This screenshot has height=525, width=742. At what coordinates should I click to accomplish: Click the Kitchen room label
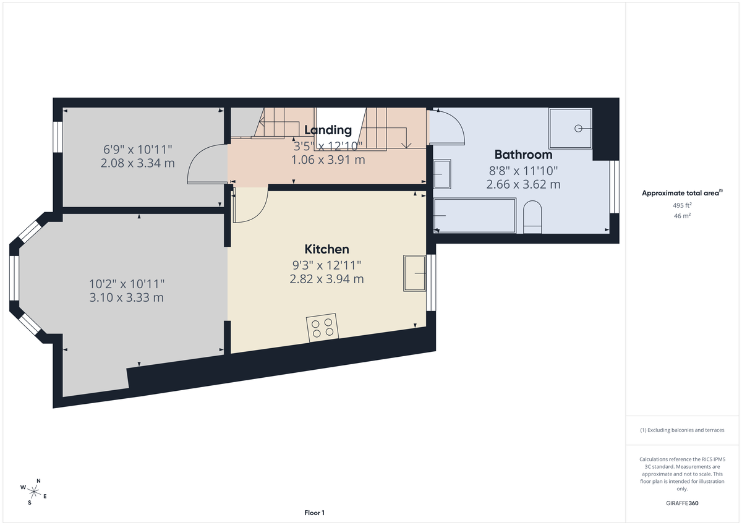tap(326, 249)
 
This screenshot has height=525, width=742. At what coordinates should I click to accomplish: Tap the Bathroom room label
tap(523, 155)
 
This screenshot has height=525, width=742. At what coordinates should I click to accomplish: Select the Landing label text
tap(328, 130)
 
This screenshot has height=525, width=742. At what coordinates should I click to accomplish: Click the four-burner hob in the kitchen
tap(323, 327)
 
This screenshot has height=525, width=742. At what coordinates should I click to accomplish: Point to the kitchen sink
tap(414, 273)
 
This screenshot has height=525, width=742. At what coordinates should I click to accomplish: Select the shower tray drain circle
tap(579, 128)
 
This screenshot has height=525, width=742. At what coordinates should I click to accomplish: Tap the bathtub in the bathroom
tap(474, 215)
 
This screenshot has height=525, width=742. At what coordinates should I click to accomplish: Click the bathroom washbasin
tap(442, 174)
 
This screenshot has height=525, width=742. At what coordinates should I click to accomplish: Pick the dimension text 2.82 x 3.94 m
tap(326, 279)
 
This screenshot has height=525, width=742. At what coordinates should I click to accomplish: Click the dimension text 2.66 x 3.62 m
tap(523, 184)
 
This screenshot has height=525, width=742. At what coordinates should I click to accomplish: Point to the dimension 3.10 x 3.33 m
tap(127, 297)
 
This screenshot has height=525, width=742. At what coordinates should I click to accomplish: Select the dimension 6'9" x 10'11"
tap(137, 149)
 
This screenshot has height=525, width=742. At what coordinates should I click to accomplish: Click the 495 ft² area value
tap(682, 205)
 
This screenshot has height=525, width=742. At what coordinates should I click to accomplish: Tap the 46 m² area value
tap(682, 216)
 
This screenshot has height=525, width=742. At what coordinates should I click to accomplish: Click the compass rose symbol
tap(34, 492)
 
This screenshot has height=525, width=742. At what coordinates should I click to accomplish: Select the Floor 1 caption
tap(314, 513)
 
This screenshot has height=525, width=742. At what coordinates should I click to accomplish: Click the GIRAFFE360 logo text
tap(682, 503)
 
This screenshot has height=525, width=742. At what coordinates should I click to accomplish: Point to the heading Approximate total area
tap(681, 193)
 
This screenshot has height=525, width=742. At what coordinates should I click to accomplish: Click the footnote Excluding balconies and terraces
tap(682, 430)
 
